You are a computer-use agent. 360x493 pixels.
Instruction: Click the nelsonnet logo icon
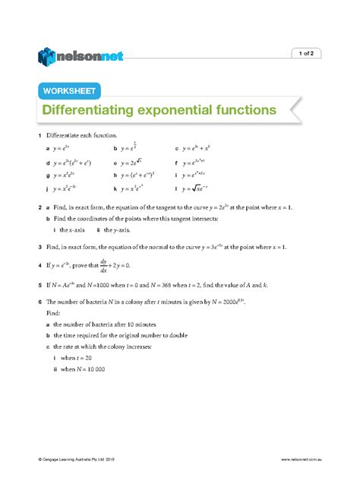[48, 54]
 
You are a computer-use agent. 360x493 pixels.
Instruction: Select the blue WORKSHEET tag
[69, 91]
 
